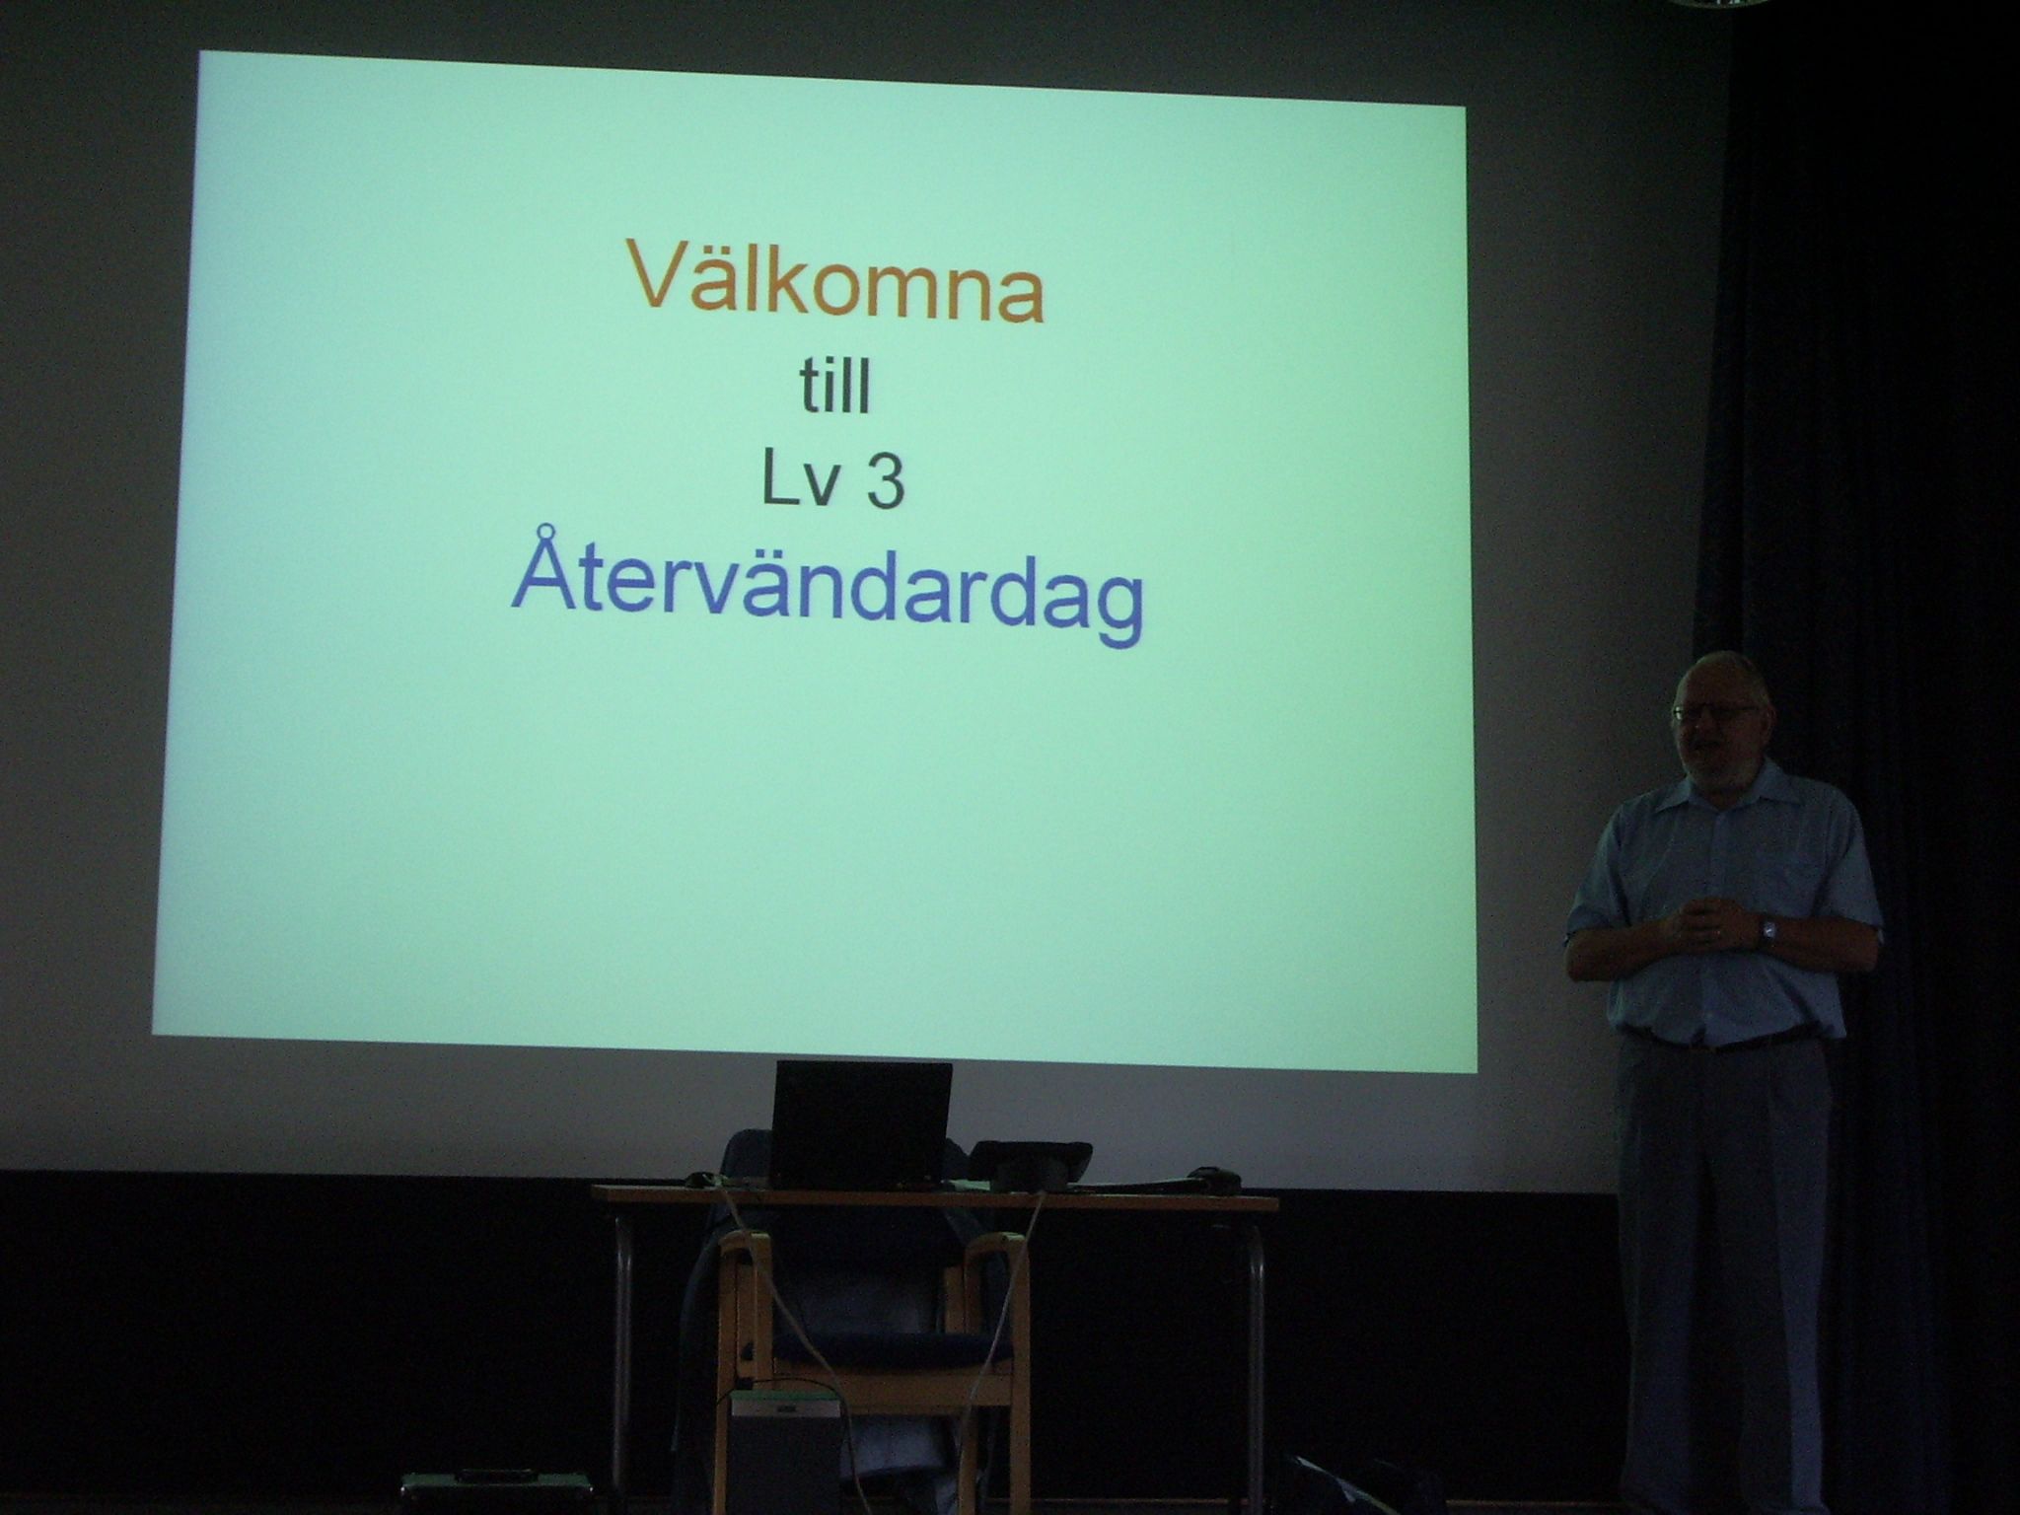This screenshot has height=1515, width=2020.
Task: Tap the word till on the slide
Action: [x=834, y=388]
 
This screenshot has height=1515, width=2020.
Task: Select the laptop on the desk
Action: [x=860, y=1124]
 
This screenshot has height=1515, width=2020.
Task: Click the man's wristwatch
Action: [x=1768, y=928]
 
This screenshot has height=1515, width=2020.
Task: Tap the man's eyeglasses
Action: [x=1714, y=711]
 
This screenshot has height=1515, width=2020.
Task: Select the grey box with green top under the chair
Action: [x=785, y=1450]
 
